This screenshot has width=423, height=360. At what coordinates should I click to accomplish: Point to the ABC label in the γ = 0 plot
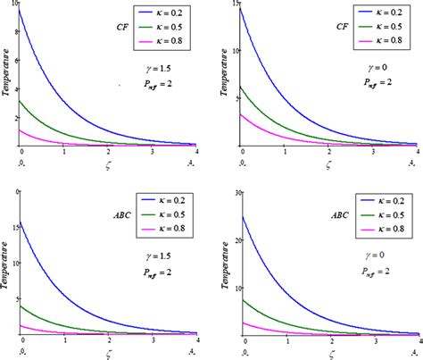coord(338,215)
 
